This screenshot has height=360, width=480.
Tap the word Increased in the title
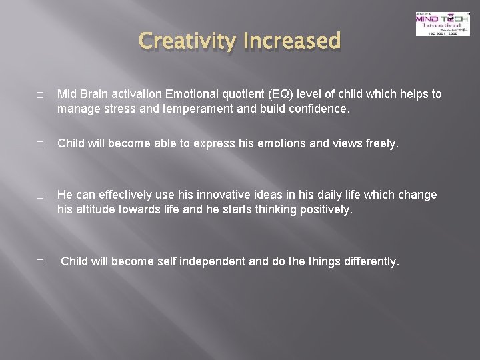[x=295, y=41]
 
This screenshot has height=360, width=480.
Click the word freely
[x=383, y=143]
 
